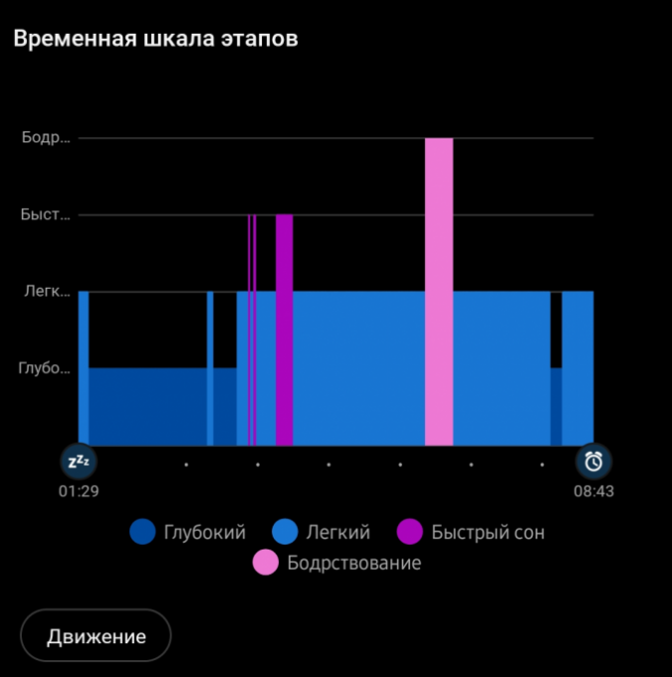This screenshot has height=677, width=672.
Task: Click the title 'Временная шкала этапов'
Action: [155, 39]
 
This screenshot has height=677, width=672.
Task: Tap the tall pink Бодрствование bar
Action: [439, 291]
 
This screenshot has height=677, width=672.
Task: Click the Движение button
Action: [96, 636]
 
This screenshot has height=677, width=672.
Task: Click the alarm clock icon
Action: [594, 461]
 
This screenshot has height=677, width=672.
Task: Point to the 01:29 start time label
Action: [78, 490]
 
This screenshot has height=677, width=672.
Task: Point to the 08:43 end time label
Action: [593, 490]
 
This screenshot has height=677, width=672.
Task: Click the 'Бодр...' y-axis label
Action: [47, 137]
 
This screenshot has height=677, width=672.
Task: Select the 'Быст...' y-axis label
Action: [47, 214]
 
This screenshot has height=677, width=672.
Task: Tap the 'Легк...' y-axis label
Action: [47, 291]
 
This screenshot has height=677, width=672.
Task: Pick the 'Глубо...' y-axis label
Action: [45, 367]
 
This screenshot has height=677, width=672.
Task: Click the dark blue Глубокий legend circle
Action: [143, 533]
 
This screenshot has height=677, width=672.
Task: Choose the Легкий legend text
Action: [338, 533]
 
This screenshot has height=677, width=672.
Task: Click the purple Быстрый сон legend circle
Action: [410, 533]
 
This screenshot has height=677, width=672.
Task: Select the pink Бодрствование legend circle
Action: [266, 563]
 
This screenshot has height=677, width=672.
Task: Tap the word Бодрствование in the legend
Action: [353, 563]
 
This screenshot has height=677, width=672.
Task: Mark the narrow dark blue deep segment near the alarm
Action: [557, 406]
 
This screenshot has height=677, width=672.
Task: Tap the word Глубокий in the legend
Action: [205, 533]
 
